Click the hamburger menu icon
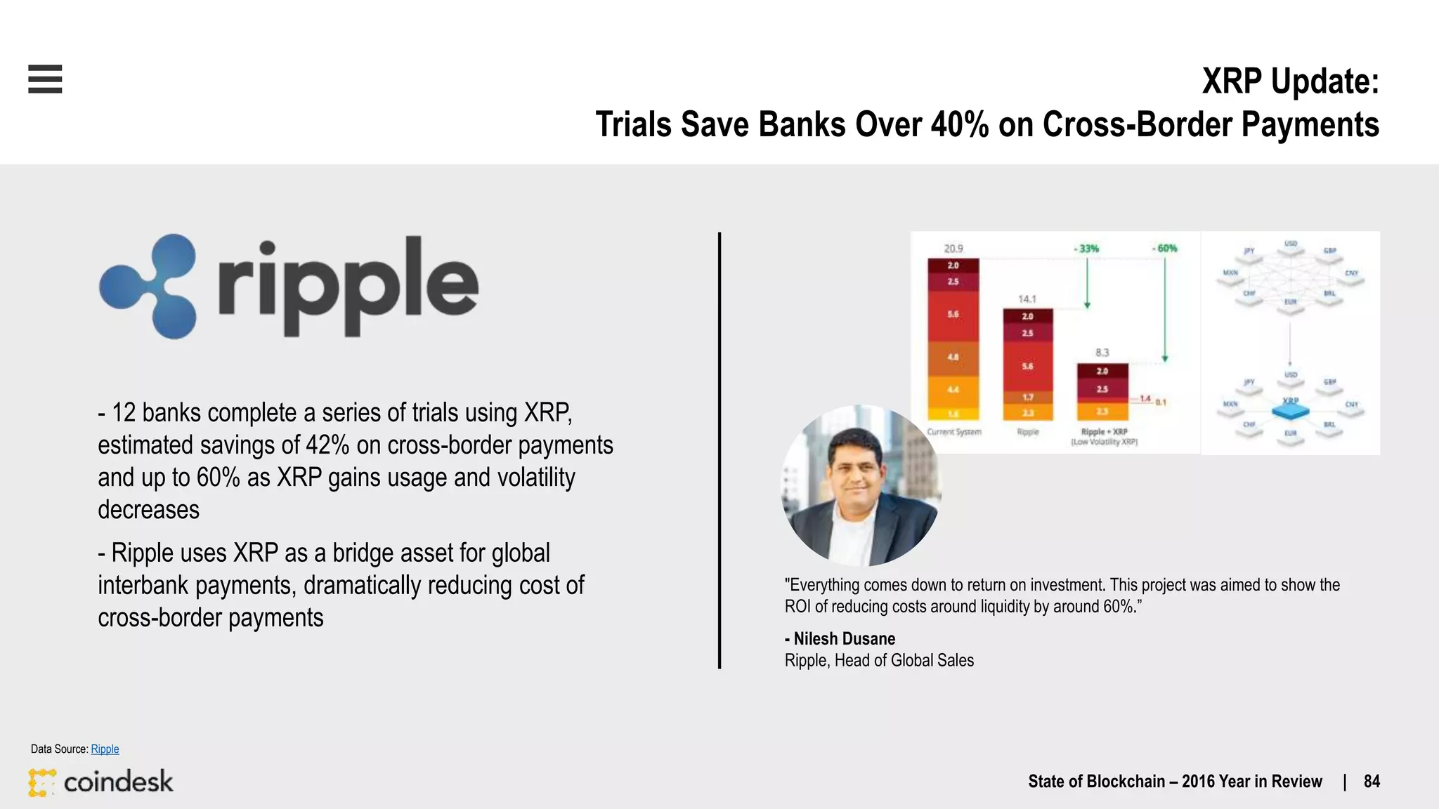(45, 79)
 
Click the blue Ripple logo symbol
(148, 286)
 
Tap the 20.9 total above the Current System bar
(953, 249)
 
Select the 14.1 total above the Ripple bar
(1027, 299)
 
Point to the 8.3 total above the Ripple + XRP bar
(1102, 353)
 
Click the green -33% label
(1087, 249)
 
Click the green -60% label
(1165, 249)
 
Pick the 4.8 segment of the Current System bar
(953, 357)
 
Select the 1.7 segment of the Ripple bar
(1027, 397)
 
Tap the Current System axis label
(953, 432)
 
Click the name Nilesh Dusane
(844, 639)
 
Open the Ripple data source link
(105, 749)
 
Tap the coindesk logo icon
(42, 782)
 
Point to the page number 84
(1372, 782)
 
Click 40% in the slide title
(960, 125)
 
